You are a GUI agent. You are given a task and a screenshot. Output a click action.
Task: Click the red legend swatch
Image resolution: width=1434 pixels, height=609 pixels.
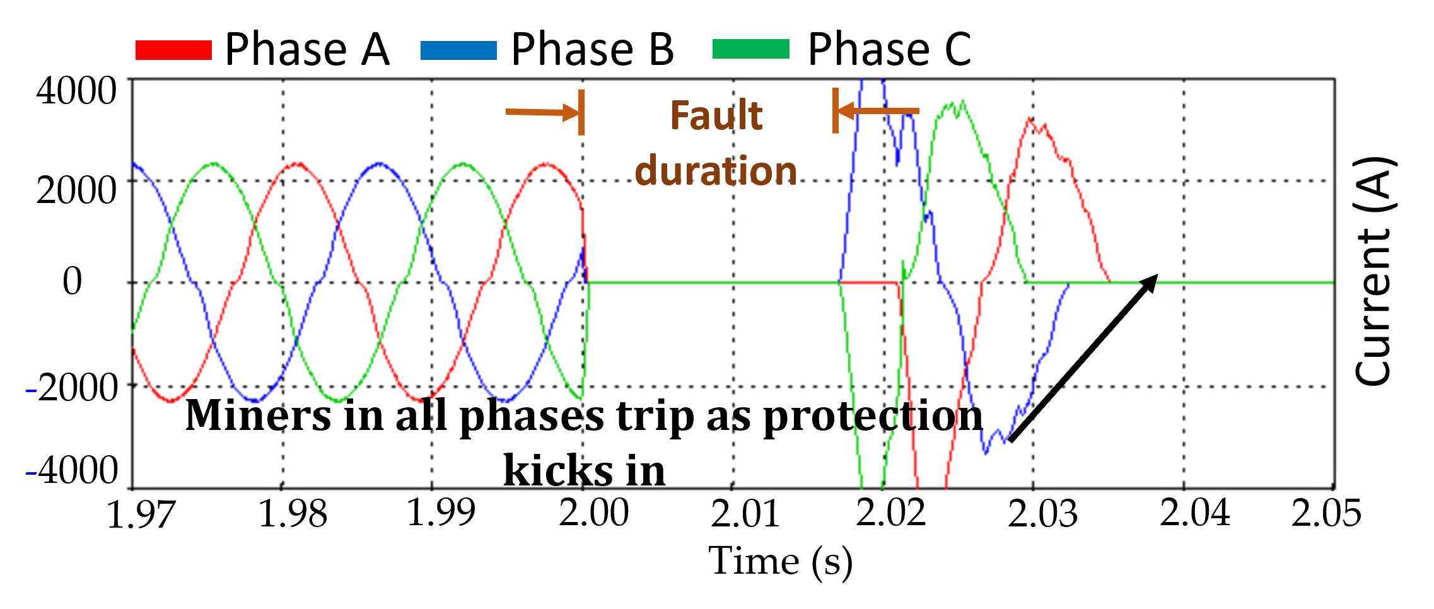173,50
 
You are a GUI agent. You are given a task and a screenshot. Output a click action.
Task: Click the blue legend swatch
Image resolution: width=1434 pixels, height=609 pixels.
458,50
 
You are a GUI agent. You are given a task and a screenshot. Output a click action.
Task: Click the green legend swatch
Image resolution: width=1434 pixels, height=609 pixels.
750,49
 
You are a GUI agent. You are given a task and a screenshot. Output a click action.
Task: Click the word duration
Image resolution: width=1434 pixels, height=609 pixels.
716,171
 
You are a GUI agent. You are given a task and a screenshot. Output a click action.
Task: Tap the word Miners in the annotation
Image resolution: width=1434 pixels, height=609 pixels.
258,415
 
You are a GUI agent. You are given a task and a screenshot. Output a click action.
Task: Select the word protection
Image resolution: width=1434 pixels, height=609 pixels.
873,417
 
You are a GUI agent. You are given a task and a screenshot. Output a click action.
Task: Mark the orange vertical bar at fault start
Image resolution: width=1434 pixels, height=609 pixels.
581,112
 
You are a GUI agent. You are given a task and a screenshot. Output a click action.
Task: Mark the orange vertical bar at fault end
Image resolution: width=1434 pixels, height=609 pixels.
835,111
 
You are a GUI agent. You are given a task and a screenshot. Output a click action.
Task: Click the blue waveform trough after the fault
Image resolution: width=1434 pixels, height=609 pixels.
986,451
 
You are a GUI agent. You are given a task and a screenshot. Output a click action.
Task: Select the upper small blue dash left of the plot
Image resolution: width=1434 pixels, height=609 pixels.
31,391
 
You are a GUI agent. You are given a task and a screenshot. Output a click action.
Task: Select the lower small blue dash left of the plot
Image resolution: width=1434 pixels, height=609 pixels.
31,473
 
